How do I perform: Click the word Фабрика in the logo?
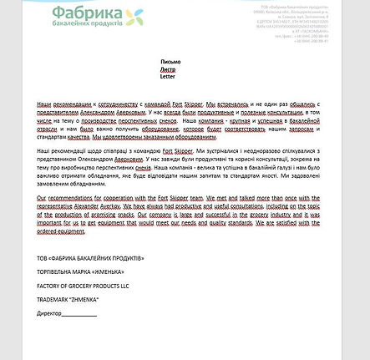tap(85, 13)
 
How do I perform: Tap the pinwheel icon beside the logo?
tap(134, 15)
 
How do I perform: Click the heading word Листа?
tap(168, 68)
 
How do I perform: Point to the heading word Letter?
tap(168, 75)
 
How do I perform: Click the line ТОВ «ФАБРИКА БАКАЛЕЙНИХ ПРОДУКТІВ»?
tap(90, 258)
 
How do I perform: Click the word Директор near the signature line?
tap(49, 313)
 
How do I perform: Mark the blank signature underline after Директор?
tap(79, 314)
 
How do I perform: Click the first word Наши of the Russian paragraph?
tap(45, 103)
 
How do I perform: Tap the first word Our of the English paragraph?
tap(43, 197)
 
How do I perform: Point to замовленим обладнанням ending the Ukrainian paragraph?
tap(77, 183)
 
